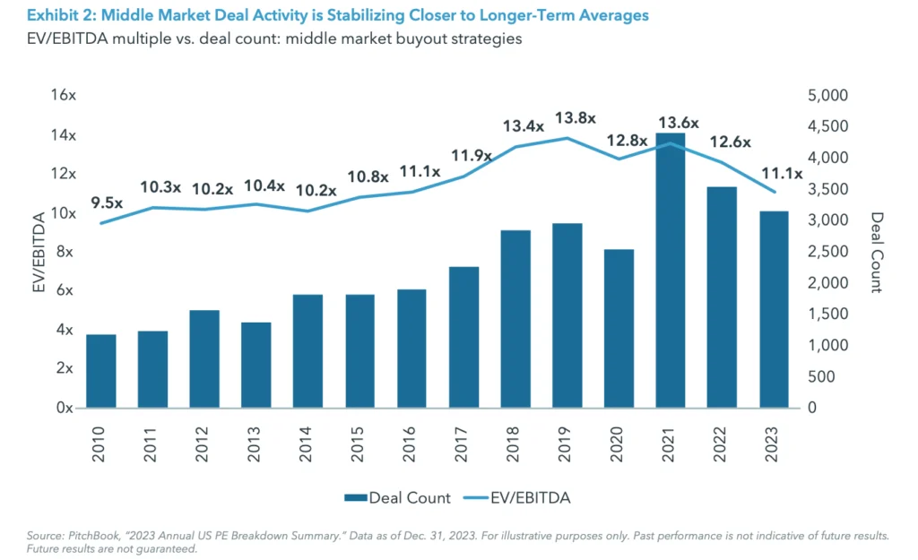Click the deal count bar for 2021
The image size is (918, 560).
pos(671,270)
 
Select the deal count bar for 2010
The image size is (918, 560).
pos(100,371)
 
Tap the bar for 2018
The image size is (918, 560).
pos(515,319)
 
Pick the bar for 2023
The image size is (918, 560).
pos(774,309)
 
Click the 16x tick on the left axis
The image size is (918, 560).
pos(65,95)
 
